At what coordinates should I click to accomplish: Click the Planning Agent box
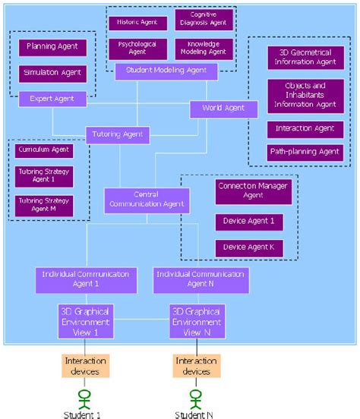pyautogui.click(x=52, y=47)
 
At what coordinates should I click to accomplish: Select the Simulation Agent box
pyautogui.click(x=52, y=74)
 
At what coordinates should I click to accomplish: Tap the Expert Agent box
pyautogui.click(x=52, y=98)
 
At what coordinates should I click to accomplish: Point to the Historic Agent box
pyautogui.click(x=137, y=23)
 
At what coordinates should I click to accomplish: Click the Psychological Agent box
pyautogui.click(x=137, y=49)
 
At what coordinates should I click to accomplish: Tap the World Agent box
pyautogui.click(x=223, y=109)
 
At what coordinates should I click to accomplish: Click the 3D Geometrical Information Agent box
pyautogui.click(x=305, y=58)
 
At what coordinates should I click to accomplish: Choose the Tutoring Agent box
pyautogui.click(x=118, y=134)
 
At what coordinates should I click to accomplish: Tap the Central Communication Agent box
pyautogui.click(x=147, y=200)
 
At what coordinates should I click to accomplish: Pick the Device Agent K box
pyautogui.click(x=244, y=248)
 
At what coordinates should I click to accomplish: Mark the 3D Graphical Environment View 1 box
pyautogui.click(x=86, y=320)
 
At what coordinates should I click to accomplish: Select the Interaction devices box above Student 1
pyautogui.click(x=86, y=365)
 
